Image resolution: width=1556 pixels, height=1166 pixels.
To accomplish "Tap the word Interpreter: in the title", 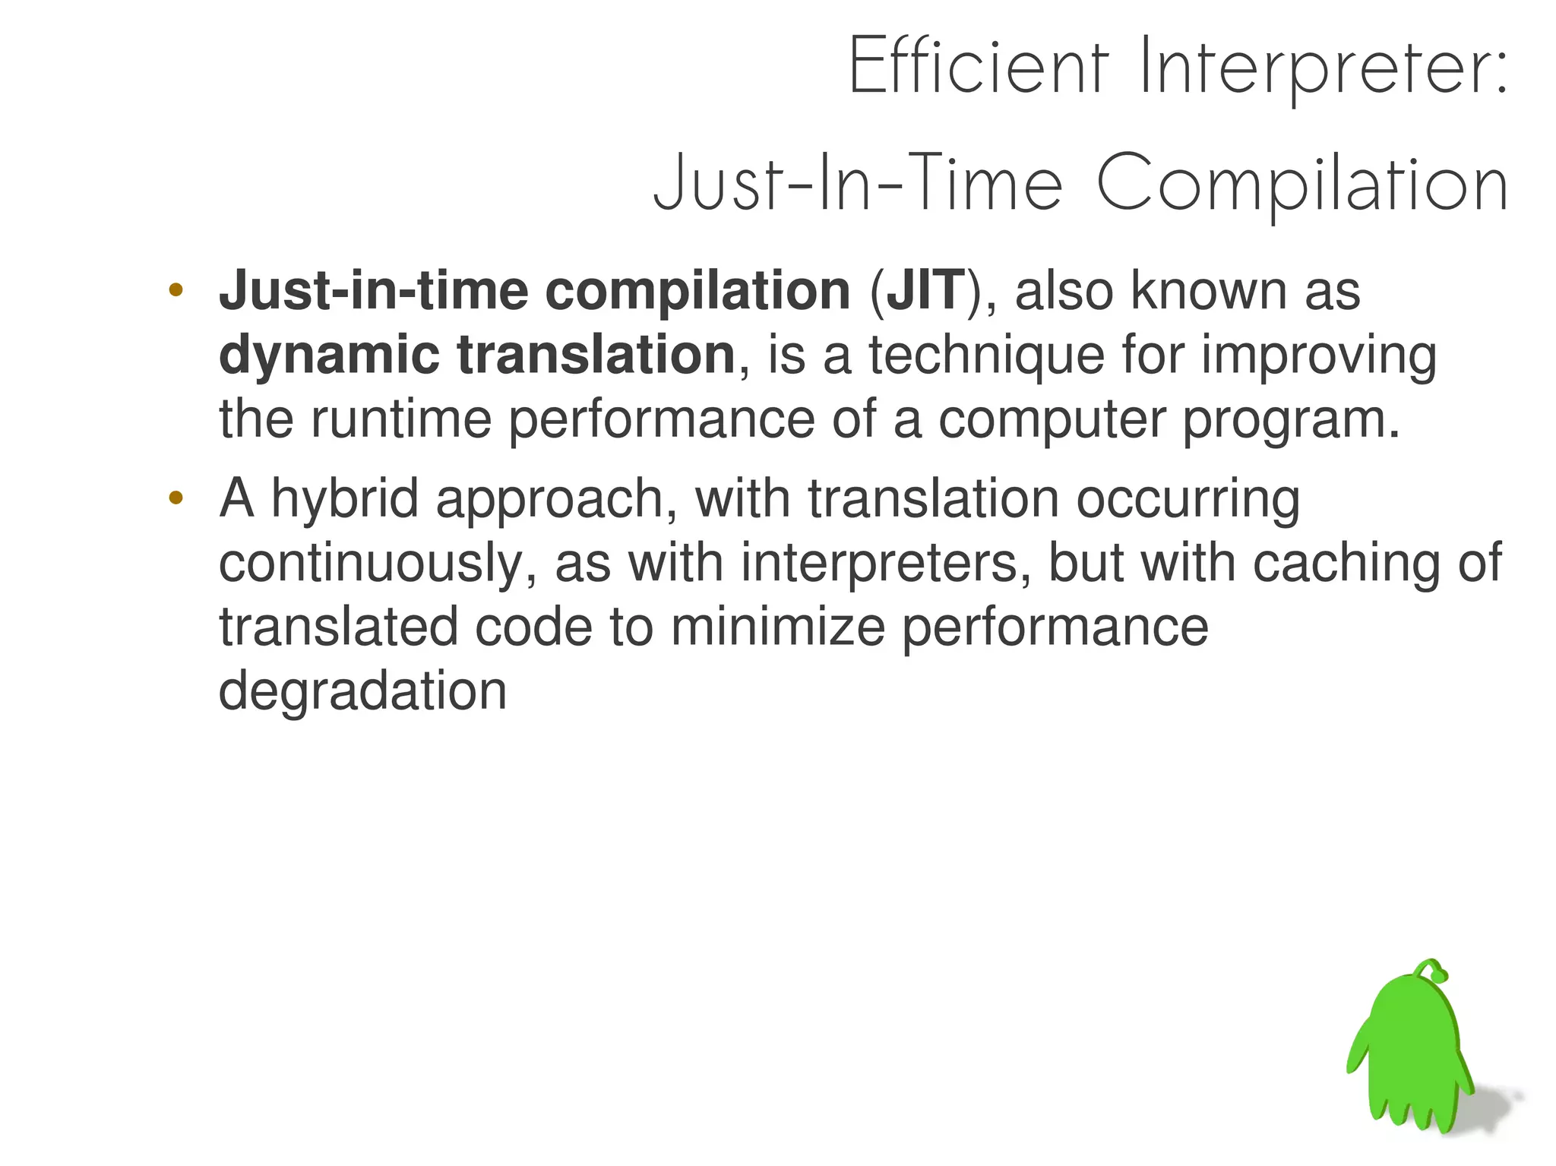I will (x=1323, y=68).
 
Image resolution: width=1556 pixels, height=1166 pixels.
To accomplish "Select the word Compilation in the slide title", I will (x=1301, y=185).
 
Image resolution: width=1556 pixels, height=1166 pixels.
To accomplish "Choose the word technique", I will (x=986, y=355).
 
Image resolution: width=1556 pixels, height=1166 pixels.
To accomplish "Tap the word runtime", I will (x=400, y=419).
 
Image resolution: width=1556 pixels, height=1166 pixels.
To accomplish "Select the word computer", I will (x=1052, y=421).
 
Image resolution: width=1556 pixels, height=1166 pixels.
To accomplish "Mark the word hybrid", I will (x=344, y=500).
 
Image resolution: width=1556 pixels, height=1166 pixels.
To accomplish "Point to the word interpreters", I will (x=885, y=564).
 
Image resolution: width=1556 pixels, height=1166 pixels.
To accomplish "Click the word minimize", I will (x=777, y=627).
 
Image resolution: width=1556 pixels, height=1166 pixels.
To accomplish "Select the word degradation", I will (x=362, y=691).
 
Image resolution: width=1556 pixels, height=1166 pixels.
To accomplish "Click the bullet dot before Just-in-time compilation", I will (x=176, y=290).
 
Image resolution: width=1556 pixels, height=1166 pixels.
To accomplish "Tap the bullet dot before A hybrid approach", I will (x=176, y=498).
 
